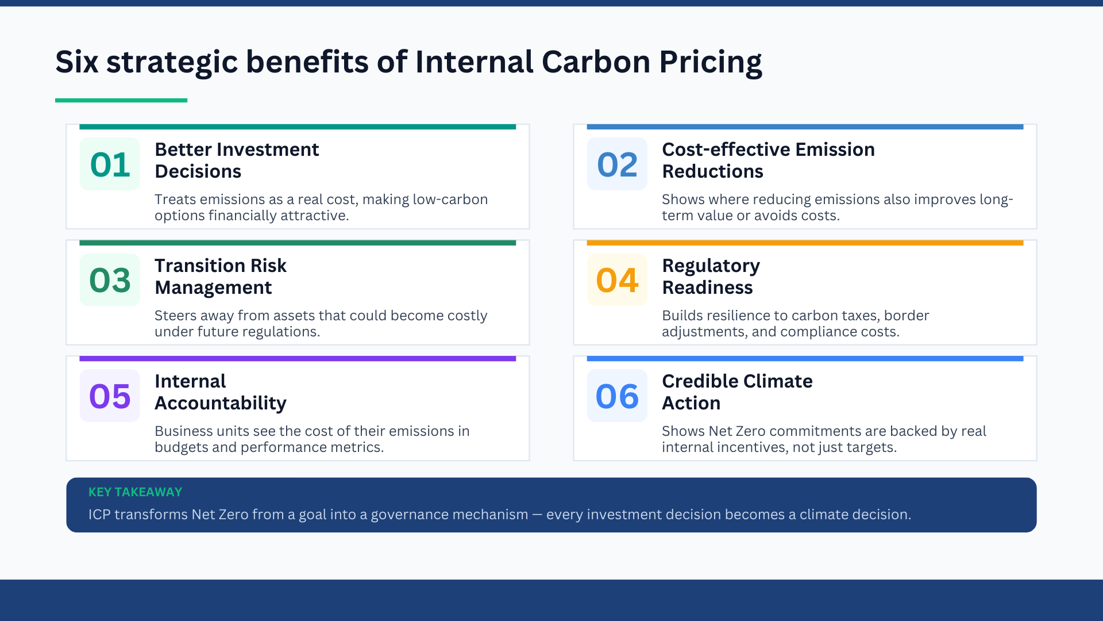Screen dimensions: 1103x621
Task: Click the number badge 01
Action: click(x=110, y=164)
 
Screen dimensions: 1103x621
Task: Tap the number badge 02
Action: click(x=617, y=164)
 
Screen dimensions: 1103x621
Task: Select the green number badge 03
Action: click(x=110, y=280)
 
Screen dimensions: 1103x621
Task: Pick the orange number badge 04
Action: click(x=617, y=280)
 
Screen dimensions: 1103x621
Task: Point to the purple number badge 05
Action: click(x=110, y=396)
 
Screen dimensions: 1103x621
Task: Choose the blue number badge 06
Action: click(x=617, y=396)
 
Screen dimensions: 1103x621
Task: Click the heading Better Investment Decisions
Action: click(x=237, y=160)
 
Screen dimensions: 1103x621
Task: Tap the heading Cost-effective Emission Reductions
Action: click(x=768, y=160)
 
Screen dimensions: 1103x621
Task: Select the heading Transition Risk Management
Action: click(x=221, y=277)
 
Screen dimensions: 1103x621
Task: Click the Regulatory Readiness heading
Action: click(x=711, y=277)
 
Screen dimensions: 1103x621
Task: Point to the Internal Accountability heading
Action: click(x=221, y=392)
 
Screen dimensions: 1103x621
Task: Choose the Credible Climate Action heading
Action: click(x=737, y=392)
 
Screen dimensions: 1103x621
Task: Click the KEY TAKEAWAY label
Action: click(x=135, y=492)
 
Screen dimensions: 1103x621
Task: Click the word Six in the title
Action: click(x=77, y=62)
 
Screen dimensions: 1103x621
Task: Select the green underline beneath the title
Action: click(x=121, y=101)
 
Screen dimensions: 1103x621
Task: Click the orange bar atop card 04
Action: click(x=805, y=243)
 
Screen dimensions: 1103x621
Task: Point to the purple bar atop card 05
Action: click(x=298, y=359)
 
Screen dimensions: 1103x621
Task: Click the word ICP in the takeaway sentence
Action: click(x=99, y=515)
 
